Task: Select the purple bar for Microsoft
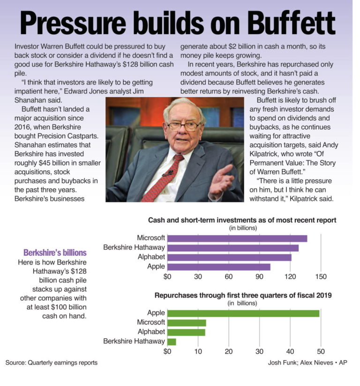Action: [237, 238]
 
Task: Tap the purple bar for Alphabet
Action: [229, 257]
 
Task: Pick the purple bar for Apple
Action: [218, 267]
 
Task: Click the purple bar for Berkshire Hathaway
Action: [232, 248]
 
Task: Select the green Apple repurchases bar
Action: [243, 313]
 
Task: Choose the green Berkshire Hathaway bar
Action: [172, 341]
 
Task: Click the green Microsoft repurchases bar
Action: [187, 322]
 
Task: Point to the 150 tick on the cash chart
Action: [321, 276]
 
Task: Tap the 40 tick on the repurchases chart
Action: [290, 351]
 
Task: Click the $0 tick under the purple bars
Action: [167, 276]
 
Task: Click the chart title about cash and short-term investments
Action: [242, 220]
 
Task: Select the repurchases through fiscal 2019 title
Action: [243, 295]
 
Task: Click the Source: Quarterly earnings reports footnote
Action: [52, 363]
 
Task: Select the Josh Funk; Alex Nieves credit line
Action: [307, 363]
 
